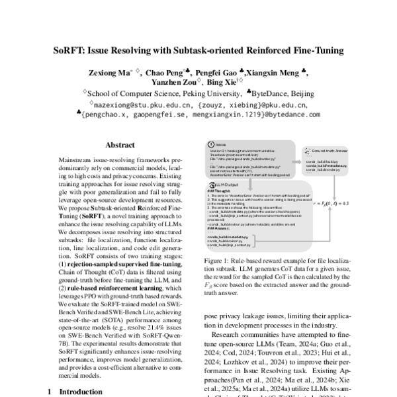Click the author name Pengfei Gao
(220, 71)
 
